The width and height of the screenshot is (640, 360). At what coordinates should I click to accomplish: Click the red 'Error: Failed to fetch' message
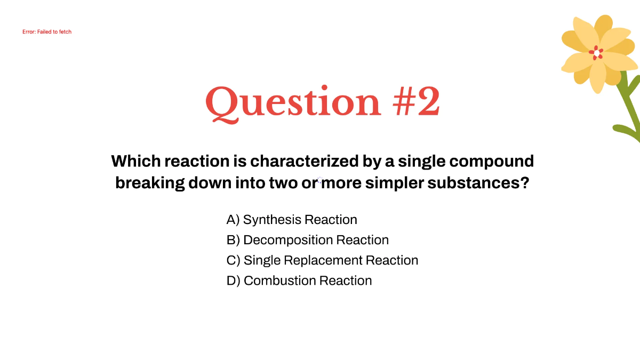[47, 32]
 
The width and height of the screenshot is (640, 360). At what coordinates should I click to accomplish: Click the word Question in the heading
[293, 102]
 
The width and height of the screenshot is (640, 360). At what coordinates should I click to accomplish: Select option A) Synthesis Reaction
[292, 220]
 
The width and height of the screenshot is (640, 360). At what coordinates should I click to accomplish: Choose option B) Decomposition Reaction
[307, 240]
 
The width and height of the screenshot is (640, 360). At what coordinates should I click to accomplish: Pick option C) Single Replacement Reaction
[322, 260]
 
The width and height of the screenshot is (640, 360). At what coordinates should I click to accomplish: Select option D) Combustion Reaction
[299, 281]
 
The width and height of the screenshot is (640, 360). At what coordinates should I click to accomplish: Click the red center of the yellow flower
[596, 53]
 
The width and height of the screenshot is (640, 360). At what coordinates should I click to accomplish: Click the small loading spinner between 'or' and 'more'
[320, 181]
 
